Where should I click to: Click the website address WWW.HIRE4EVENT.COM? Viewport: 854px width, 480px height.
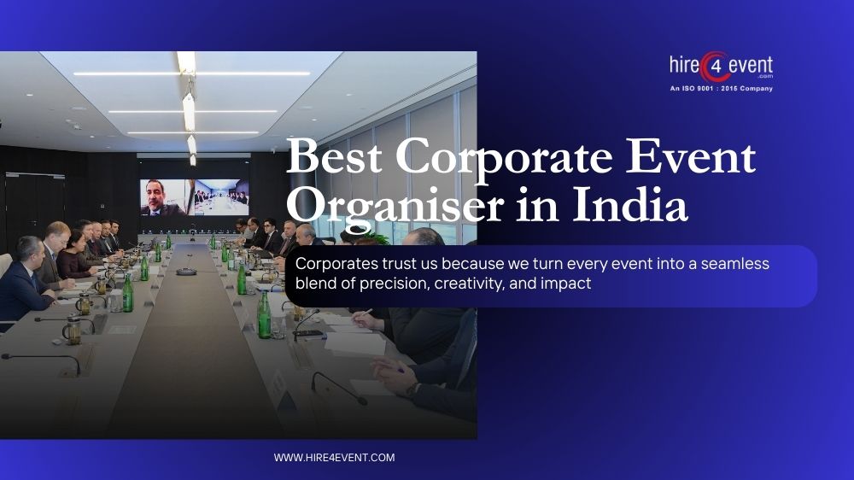(334, 458)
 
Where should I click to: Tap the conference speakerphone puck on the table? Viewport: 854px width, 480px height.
(185, 272)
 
